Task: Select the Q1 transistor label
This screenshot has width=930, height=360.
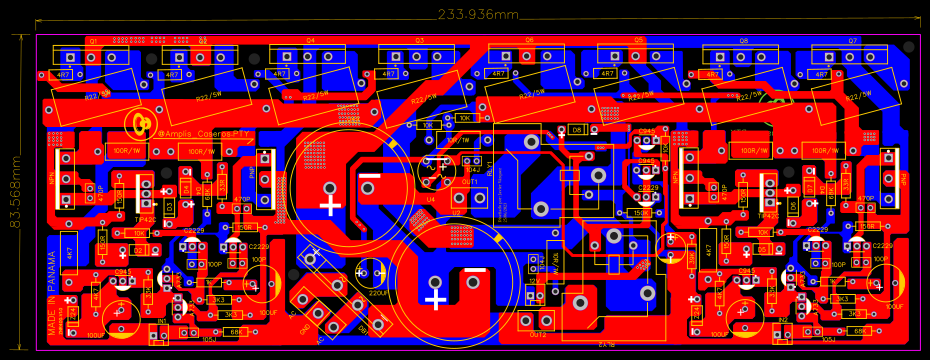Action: click(92, 40)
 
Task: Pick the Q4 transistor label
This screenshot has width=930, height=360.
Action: click(310, 40)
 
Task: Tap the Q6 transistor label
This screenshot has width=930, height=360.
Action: click(529, 40)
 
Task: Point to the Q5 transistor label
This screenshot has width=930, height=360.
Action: click(638, 40)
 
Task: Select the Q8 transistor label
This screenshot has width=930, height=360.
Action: click(744, 40)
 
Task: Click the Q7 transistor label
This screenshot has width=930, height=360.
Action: click(853, 40)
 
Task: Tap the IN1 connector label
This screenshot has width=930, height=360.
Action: click(162, 321)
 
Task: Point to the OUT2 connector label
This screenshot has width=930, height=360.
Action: click(537, 334)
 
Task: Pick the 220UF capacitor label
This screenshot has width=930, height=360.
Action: click(379, 293)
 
